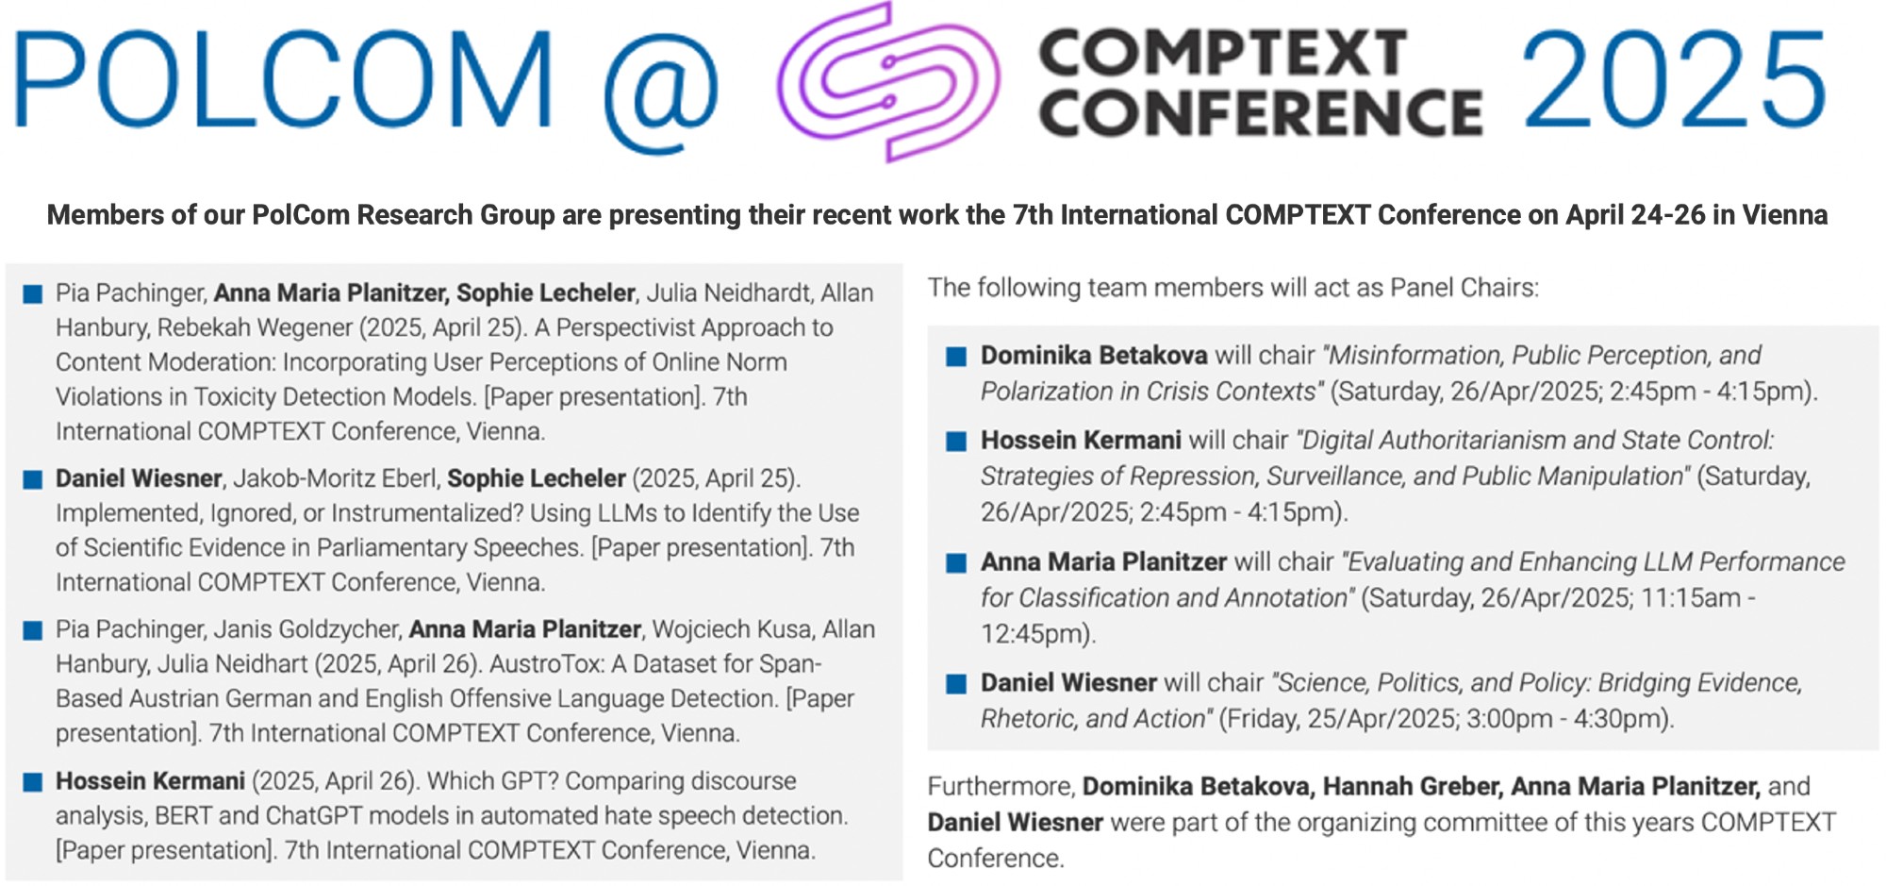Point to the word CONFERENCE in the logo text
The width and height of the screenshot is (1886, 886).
pyautogui.click(x=1261, y=112)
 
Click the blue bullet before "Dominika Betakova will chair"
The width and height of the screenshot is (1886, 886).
pyautogui.click(x=956, y=357)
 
